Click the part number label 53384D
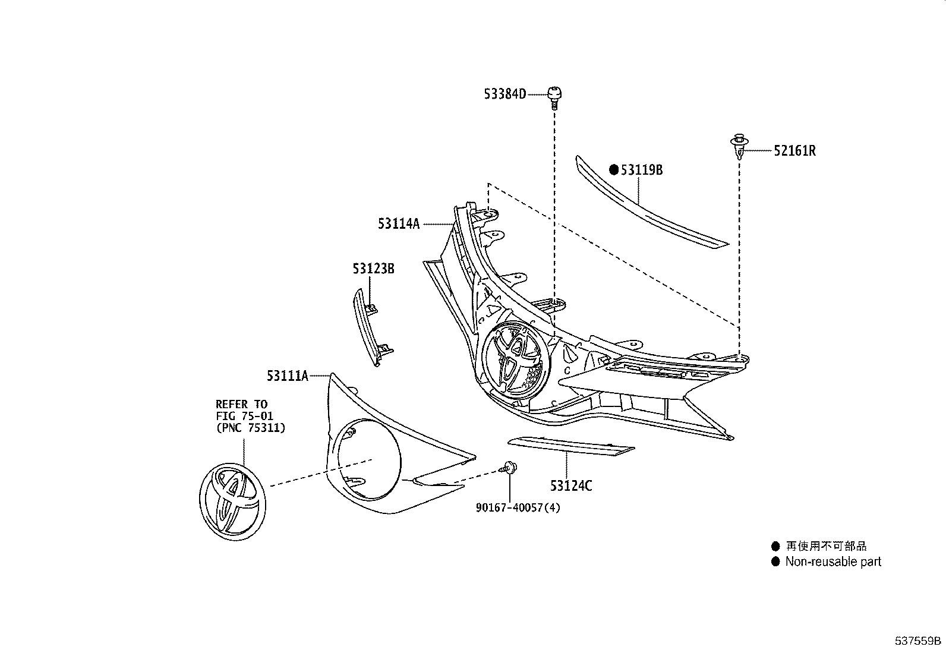504,94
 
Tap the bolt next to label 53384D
555,96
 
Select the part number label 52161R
794,151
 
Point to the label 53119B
642,170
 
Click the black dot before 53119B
614,170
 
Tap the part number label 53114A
398,224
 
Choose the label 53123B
373,269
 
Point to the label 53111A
288,376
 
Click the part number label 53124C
571,486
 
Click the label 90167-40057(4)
518,507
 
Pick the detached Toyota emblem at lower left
232,502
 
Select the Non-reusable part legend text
833,561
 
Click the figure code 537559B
919,641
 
